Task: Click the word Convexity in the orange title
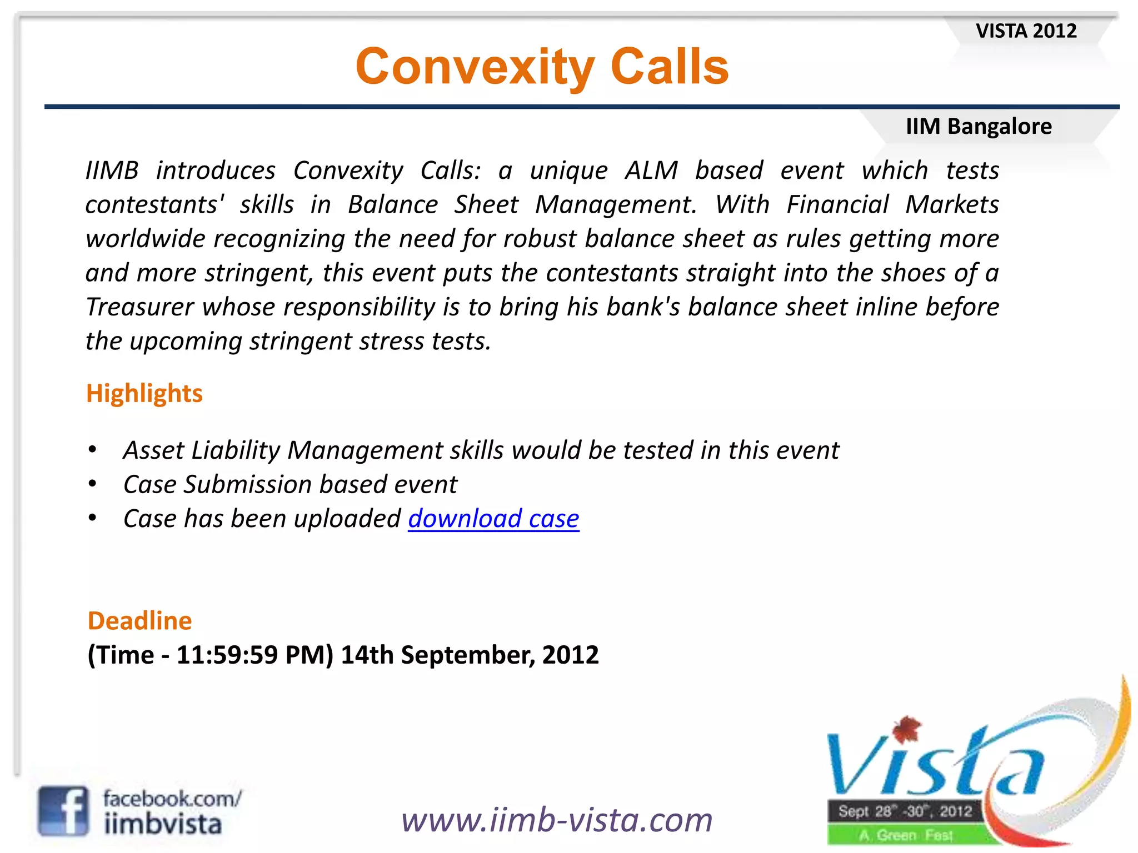tap(476, 67)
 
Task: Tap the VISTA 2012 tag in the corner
tap(1026, 31)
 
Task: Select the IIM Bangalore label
tap(979, 127)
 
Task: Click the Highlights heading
tap(144, 393)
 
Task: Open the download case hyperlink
tap(493, 519)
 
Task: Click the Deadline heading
tap(139, 620)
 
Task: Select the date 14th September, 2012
tap(470, 655)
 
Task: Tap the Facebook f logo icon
tap(63, 811)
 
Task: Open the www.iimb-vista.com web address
tap(557, 820)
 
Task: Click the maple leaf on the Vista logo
tap(906, 729)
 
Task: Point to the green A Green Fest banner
tap(906, 835)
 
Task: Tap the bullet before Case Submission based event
tap(93, 484)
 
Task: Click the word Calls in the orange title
tap(669, 67)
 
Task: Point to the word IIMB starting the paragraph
tap(112, 170)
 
